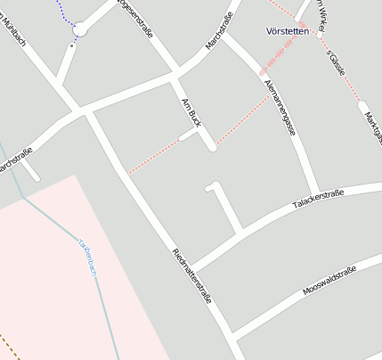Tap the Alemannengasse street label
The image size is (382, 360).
(x=280, y=107)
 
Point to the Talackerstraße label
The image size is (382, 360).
(x=318, y=200)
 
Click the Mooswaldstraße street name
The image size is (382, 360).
(x=329, y=281)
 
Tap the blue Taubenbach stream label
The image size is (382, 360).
(x=86, y=257)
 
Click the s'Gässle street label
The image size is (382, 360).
(x=336, y=61)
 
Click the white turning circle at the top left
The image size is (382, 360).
(x=80, y=30)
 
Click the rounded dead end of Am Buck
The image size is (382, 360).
(x=212, y=147)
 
